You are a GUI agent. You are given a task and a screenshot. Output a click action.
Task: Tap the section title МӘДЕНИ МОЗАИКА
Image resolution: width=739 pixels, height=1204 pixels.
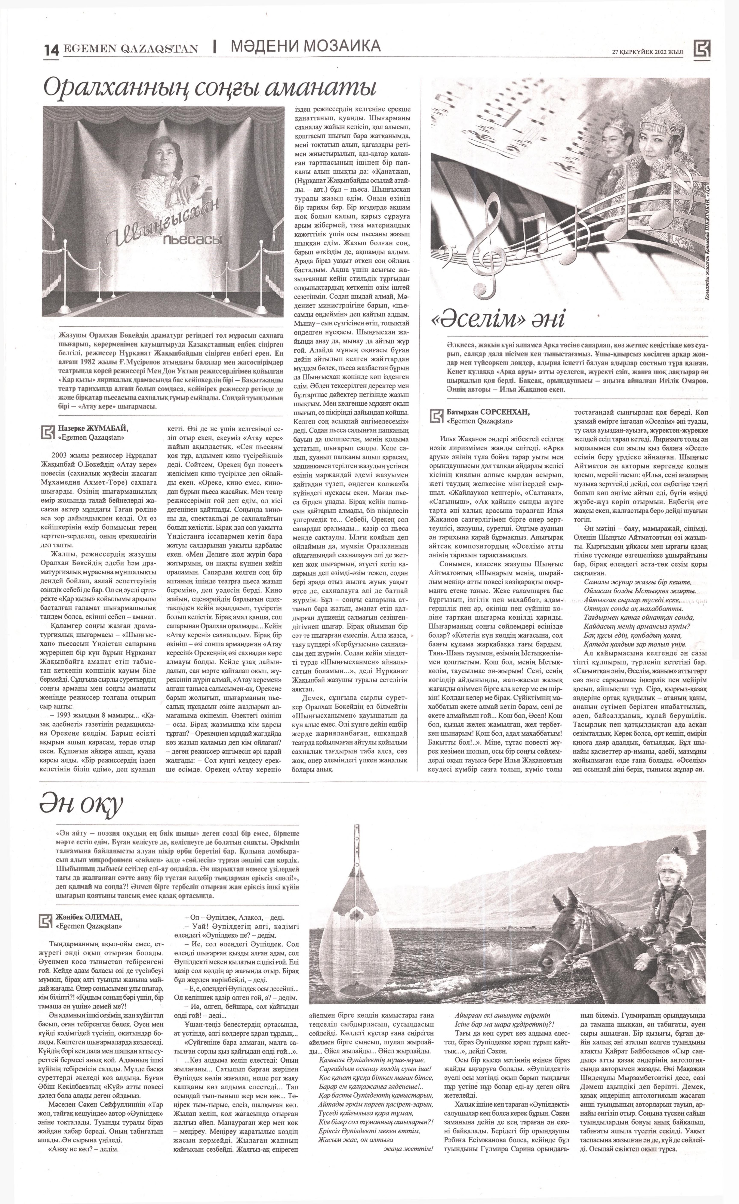(x=305, y=46)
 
